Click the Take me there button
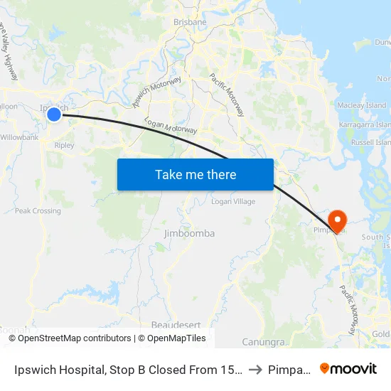pyautogui.click(x=195, y=174)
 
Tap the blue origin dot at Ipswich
pyautogui.click(x=53, y=114)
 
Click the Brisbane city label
pyautogui.click(x=190, y=22)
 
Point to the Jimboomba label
pyautogui.click(x=189, y=233)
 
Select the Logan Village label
pyautogui.click(x=233, y=202)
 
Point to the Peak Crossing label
pyautogui.click(x=38, y=211)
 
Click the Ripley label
pyautogui.click(x=64, y=145)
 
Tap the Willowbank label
pyautogui.click(x=19, y=137)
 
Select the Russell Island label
pyautogui.click(x=370, y=143)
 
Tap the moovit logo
pyautogui.click(x=348, y=369)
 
